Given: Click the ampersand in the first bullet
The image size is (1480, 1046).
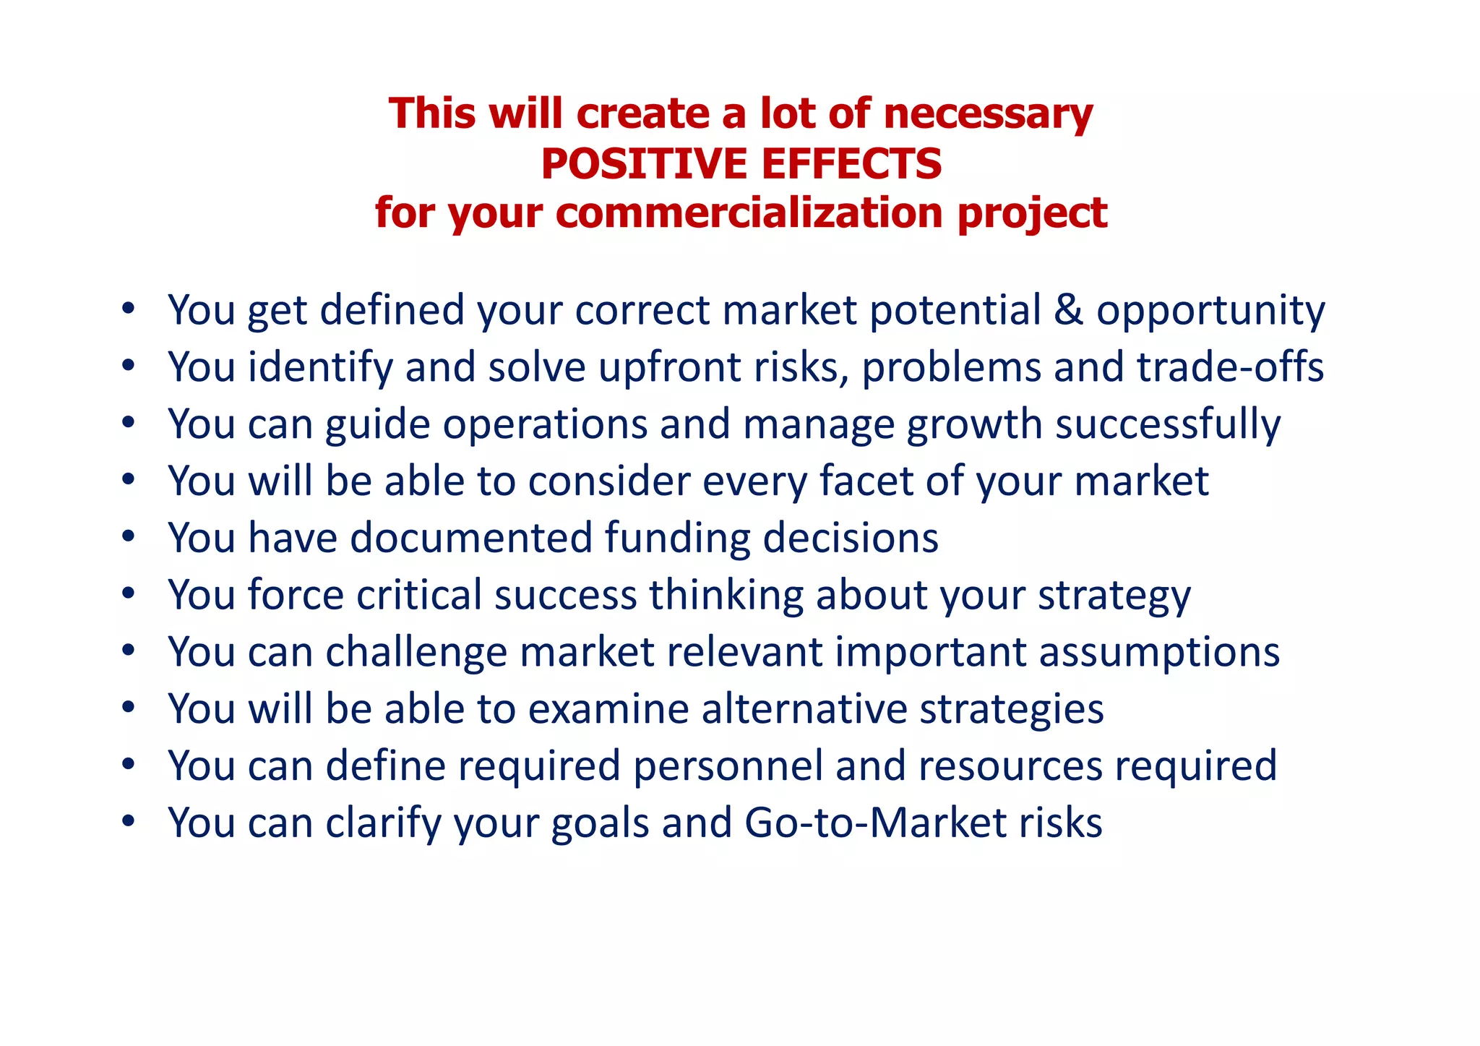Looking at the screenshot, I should (1069, 309).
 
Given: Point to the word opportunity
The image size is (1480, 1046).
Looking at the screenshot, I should (1210, 311).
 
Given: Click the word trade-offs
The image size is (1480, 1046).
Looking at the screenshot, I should (1230, 366).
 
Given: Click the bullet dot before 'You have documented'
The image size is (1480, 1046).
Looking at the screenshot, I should (129, 537).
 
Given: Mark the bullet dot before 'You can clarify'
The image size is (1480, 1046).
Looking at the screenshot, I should (129, 822).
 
